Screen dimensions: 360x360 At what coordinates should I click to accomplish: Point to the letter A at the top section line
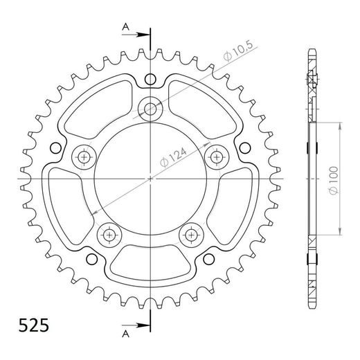pyautogui.click(x=125, y=27)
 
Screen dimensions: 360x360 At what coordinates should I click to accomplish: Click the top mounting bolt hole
pyautogui.click(x=150, y=107)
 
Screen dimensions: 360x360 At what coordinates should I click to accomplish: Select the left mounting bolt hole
pyautogui.click(x=84, y=156)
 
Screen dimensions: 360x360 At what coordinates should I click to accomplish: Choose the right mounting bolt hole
pyautogui.click(x=216, y=156)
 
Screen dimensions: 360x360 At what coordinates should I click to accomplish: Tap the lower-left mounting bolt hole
pyautogui.click(x=109, y=234)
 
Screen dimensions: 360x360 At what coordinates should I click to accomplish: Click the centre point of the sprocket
pyautogui.click(x=150, y=178)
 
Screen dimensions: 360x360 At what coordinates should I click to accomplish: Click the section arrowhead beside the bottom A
pyautogui.click(x=143, y=325)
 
